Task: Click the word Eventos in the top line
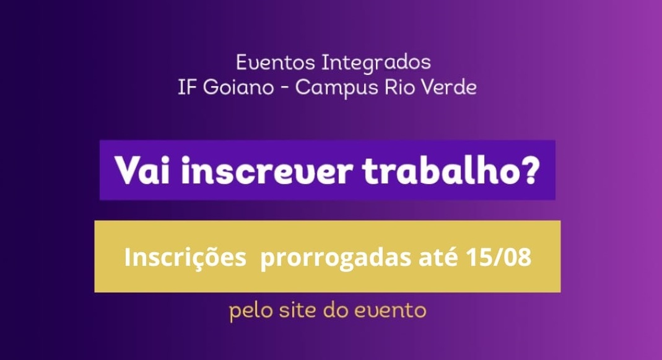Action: click(x=276, y=63)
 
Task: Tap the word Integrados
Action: click(x=376, y=63)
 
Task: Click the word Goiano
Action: click(x=238, y=87)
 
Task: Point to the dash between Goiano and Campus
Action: click(x=285, y=89)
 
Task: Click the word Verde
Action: click(x=449, y=87)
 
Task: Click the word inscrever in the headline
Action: click(x=267, y=170)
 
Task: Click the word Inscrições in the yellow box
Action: click(x=185, y=257)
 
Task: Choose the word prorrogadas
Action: click(x=336, y=258)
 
